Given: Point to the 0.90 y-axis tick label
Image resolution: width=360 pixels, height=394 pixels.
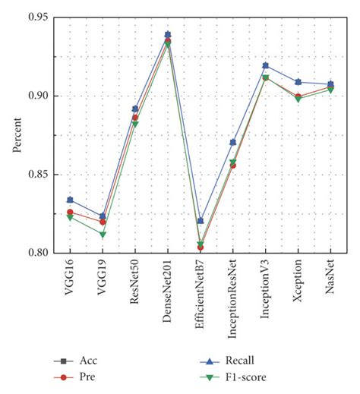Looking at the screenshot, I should (40, 96).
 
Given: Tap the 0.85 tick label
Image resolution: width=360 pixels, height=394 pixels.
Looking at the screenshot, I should (40, 175).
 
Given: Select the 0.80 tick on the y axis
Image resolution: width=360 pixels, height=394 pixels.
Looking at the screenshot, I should (40, 253).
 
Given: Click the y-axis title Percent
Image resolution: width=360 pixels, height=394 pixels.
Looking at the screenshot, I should (17, 135).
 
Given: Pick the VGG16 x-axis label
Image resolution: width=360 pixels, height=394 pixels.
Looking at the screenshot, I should (71, 279).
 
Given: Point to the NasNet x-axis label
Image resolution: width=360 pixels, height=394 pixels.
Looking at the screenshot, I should (330, 279).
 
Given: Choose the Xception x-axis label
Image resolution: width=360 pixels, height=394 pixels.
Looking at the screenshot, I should (298, 283).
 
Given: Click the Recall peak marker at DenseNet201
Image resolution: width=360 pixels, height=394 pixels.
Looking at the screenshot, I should (168, 34).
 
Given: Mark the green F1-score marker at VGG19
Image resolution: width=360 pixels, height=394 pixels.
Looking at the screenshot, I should (103, 235).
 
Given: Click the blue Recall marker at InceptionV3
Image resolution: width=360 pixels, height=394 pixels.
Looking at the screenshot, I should (265, 65).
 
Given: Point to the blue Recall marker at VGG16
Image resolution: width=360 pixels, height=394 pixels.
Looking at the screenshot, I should (71, 199).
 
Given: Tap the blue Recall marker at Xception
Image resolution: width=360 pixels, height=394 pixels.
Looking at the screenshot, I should (298, 81).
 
